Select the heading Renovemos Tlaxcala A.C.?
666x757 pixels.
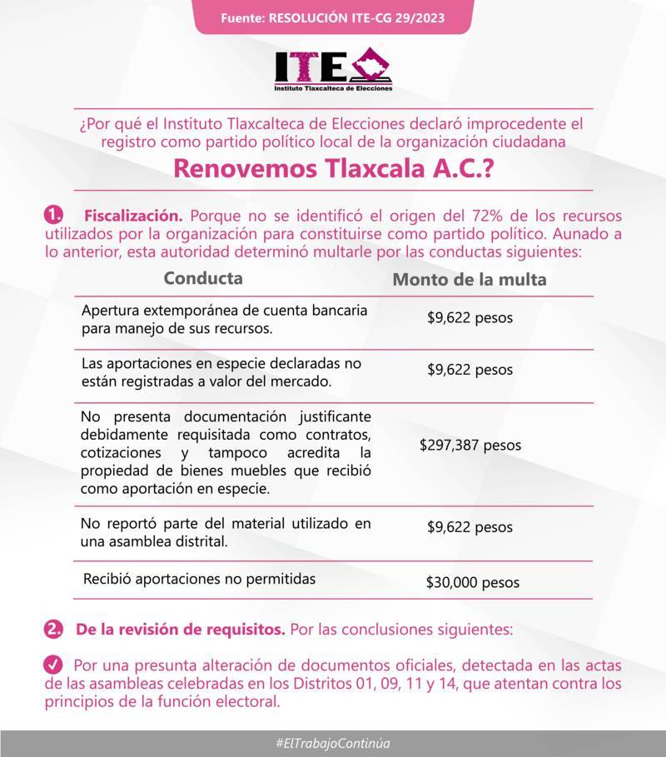333,169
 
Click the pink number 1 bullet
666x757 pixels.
53,216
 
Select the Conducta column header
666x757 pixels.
203,277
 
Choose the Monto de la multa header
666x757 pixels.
470,280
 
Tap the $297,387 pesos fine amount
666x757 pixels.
470,445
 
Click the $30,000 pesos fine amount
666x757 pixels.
472,582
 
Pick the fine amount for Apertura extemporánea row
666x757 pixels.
470,318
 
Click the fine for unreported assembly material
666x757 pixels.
470,527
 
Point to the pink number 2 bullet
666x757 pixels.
55,630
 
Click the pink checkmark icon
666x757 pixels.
52,665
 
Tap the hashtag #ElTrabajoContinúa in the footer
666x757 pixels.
333,743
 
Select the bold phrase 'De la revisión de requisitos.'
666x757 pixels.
180,630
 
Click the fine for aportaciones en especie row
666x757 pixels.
470,370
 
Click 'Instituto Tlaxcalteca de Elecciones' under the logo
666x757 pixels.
333,87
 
